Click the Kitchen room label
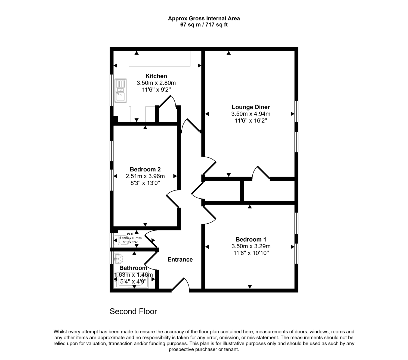click(x=156, y=76)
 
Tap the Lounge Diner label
click(x=251, y=107)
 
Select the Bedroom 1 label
click(x=251, y=239)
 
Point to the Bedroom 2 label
click(x=145, y=169)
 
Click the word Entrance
click(x=180, y=259)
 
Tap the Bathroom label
click(x=133, y=268)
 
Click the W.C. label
click(x=130, y=234)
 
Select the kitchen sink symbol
click(x=120, y=91)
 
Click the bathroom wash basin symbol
click(x=118, y=259)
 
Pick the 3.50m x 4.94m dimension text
click(x=251, y=114)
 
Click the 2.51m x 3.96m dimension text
click(x=145, y=176)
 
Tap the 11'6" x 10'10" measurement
click(x=251, y=253)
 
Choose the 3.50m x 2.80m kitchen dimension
click(x=156, y=83)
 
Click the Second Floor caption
click(x=133, y=311)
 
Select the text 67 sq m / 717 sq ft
click(x=204, y=25)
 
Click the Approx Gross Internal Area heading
click(x=204, y=18)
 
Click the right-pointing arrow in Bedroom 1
click(x=293, y=247)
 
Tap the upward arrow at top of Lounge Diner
click(x=228, y=53)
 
